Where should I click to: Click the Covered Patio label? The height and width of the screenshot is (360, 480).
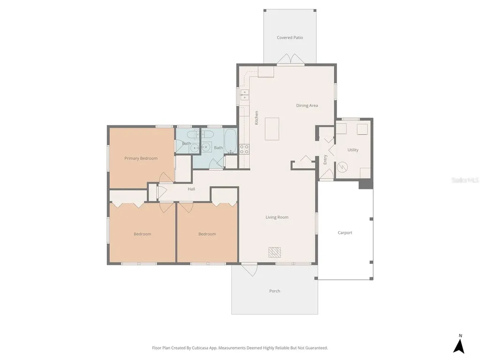290,37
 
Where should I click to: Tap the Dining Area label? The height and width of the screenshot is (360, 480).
307,105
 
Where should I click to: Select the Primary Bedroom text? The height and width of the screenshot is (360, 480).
141,158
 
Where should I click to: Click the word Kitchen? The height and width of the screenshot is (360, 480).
256,118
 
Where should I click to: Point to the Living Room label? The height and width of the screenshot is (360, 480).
277,217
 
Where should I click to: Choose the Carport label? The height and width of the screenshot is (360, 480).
345,232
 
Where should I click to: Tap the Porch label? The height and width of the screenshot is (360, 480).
275,291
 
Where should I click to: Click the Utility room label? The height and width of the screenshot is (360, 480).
352,150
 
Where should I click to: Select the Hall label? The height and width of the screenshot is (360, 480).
191,189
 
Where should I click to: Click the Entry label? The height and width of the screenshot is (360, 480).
325,159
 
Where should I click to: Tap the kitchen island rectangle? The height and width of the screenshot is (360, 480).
272,129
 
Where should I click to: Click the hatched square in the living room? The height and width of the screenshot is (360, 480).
275,252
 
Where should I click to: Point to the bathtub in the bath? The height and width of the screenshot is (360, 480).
231,141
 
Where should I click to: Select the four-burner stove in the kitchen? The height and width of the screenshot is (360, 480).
244,149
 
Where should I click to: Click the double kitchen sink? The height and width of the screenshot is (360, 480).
244,95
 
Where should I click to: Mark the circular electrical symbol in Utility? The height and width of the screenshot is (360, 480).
342,167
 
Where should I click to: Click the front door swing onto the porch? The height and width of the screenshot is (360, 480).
249,270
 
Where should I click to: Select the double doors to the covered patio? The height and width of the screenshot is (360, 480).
290,59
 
